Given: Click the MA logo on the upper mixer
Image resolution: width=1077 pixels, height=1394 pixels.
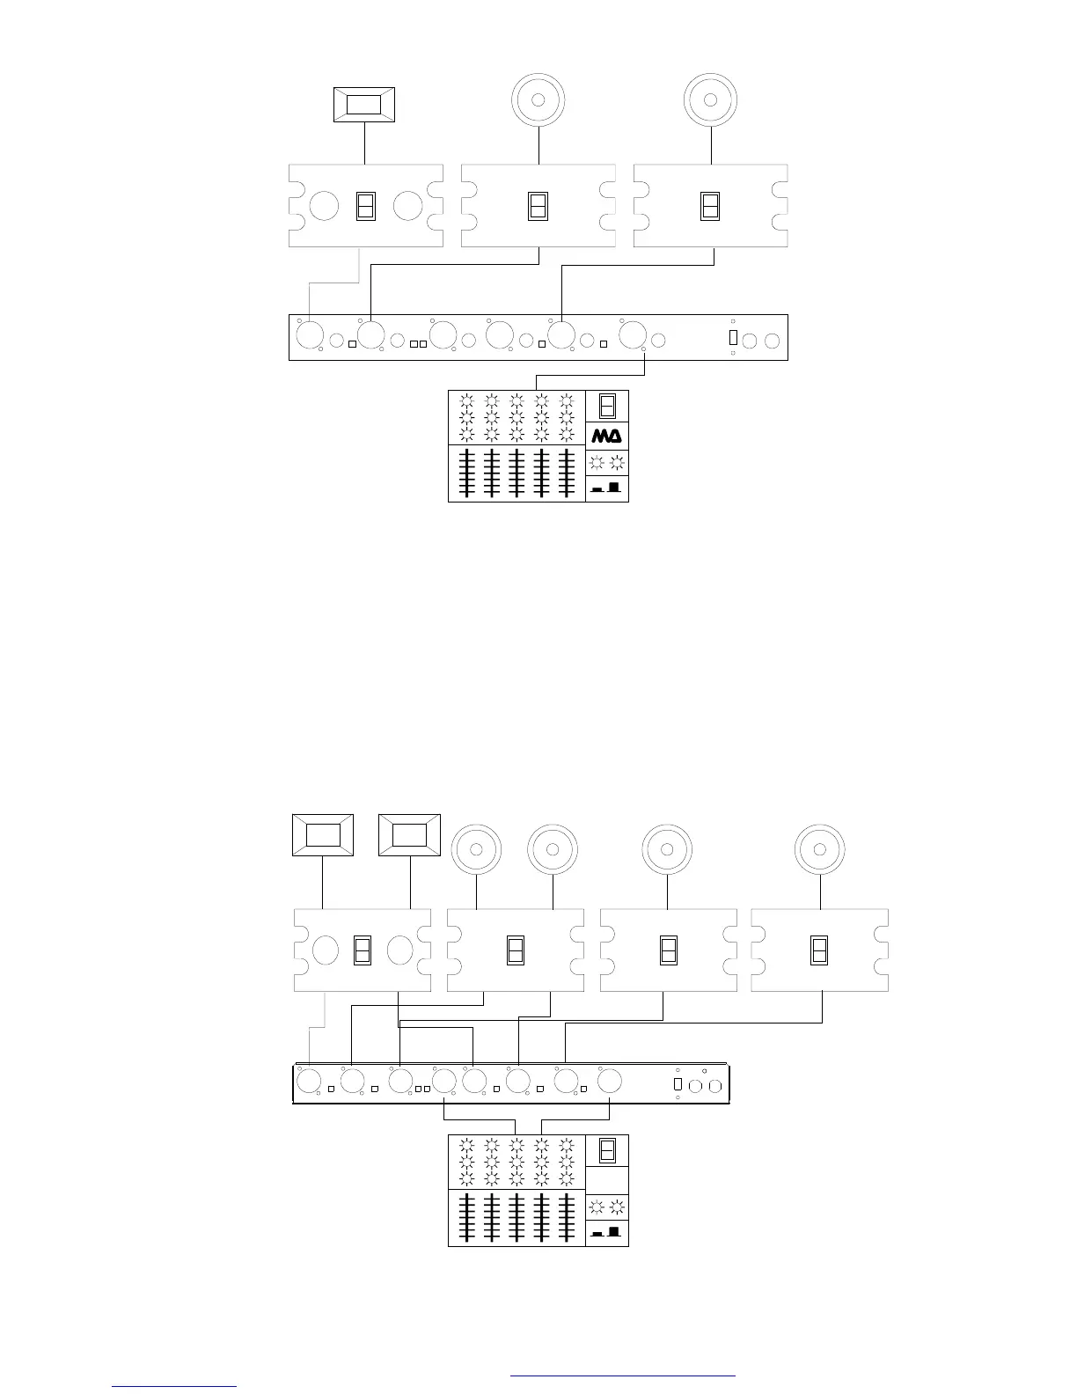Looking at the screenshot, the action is [607, 436].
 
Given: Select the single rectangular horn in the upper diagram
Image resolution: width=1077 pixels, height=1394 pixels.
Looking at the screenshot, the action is [363, 105].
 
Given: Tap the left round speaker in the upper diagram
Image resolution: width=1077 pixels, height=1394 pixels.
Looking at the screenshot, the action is [538, 99].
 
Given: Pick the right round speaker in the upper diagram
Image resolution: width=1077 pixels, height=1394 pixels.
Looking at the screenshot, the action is [711, 99].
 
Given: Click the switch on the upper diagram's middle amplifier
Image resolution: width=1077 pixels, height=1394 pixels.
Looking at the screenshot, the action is [538, 206].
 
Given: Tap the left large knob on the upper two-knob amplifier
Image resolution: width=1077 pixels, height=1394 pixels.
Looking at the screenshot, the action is [324, 206].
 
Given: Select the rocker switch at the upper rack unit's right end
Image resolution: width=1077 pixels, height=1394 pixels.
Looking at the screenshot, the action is [733, 337].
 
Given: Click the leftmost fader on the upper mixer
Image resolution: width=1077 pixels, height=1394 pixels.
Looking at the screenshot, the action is [466, 473].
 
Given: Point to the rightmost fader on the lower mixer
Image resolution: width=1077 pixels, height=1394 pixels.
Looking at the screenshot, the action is [567, 1218].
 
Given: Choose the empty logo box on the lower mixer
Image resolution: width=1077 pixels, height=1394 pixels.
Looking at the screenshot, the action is [607, 1179].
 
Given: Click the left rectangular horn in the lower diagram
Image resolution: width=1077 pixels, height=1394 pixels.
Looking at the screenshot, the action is [323, 834].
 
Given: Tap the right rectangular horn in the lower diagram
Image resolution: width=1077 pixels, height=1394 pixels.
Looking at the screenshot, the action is [409, 834].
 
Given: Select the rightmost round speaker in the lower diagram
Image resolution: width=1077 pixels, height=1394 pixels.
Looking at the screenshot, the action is [820, 849].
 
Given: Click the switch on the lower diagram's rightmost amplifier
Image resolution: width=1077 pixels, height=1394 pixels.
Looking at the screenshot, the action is [819, 950].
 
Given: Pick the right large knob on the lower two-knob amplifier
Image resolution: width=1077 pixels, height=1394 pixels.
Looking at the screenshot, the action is [399, 950].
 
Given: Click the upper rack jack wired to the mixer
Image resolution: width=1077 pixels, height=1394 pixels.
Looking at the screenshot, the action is [632, 335].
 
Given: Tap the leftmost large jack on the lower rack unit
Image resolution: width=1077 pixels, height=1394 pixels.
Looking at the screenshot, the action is [309, 1081].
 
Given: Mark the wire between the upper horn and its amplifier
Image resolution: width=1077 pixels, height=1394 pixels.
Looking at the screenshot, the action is [364, 143].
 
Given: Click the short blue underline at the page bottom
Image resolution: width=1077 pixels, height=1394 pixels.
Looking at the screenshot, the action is [174, 1386].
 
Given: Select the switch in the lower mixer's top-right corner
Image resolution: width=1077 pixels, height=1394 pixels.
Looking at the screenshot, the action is [607, 1150].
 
